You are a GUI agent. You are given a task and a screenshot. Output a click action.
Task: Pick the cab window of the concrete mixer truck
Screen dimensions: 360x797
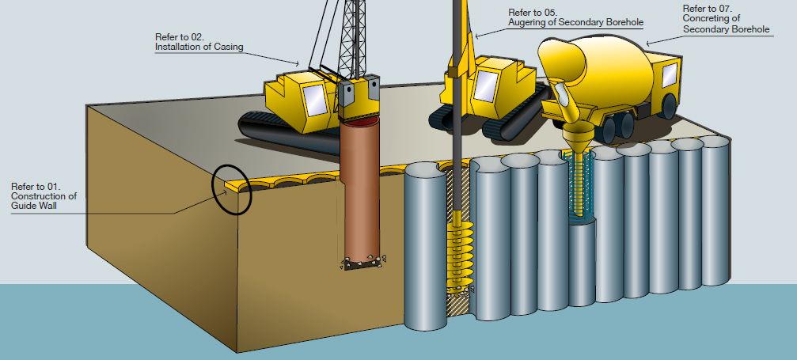pos(669,76)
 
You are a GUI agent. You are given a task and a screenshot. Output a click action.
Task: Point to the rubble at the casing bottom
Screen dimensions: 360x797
pos(365,263)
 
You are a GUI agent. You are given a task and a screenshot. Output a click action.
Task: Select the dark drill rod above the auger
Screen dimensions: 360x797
pos(457,119)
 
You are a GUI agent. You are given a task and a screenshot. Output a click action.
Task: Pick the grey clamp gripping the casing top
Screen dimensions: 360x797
pos(360,95)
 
